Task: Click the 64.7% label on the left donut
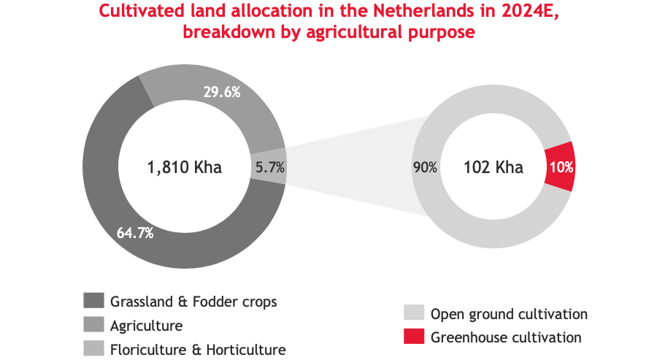[x=134, y=234]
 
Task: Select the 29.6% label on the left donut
[x=221, y=92]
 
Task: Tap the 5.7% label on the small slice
[x=270, y=167]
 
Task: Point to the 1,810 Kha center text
[x=184, y=167]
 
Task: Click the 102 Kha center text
[x=493, y=167]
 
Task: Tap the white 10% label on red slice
[x=561, y=167]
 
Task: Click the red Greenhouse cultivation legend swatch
[x=413, y=337]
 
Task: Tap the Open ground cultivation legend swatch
[x=413, y=314]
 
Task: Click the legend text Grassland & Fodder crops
[x=193, y=301]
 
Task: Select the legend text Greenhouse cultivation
[x=506, y=337]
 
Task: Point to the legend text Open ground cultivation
[x=509, y=314]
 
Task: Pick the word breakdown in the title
[x=223, y=32]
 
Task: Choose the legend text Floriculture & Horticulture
[x=197, y=349]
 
